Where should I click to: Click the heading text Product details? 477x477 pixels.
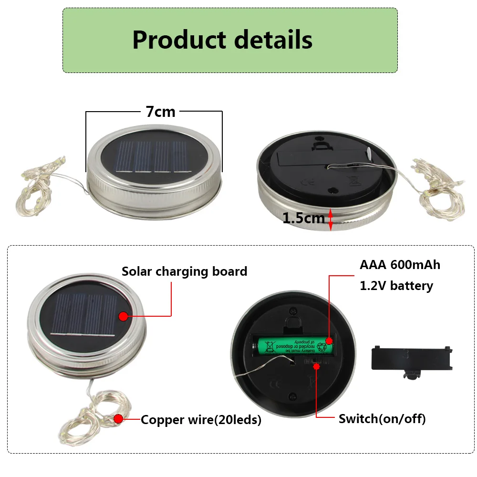coord(222,40)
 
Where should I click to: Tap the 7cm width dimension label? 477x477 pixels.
coord(161,112)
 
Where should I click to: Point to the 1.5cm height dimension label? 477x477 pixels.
coord(303,218)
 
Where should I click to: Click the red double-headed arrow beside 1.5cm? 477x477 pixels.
coord(331,219)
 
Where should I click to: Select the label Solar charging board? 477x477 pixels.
coord(184,271)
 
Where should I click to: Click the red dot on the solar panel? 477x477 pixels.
coord(124,316)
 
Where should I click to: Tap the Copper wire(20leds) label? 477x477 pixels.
coord(201,420)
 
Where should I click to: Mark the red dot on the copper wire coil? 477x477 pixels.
coord(118,419)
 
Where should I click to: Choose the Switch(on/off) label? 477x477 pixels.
coord(382,419)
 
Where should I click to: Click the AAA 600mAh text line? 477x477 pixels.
coord(400,265)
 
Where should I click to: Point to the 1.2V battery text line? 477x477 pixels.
coord(396,286)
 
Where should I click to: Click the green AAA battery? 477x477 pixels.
coord(293,343)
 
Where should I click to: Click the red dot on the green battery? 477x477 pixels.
coord(329,341)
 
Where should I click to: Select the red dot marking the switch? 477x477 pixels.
coord(316,365)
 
